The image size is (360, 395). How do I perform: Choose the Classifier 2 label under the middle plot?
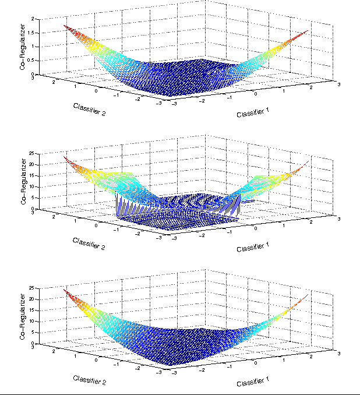[x=89, y=244]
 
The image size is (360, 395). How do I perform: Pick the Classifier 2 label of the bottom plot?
[x=89, y=379]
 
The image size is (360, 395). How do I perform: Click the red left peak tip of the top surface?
[x=65, y=25]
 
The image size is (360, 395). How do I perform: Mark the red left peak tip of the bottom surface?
[x=64, y=290]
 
